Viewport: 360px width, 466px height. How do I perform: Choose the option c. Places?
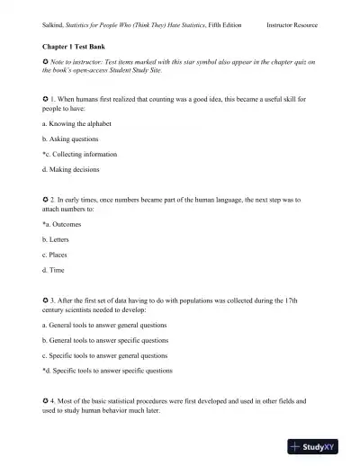(55, 255)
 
